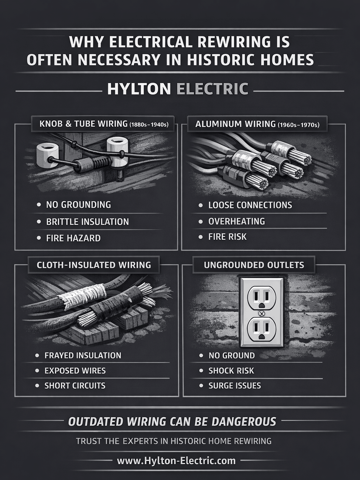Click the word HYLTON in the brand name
point(139,89)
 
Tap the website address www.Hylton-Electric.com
point(176,461)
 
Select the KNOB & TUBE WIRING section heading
point(103,124)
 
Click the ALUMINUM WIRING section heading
point(257,124)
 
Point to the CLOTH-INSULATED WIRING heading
point(94,265)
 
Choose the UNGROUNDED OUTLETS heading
point(254,265)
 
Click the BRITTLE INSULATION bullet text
point(88,222)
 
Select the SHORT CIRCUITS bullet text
point(75,386)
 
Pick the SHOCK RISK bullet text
point(231,371)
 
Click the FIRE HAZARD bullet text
point(73,238)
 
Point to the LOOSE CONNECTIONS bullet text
point(250,205)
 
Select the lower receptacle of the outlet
point(261,330)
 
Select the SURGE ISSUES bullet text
point(234,386)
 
